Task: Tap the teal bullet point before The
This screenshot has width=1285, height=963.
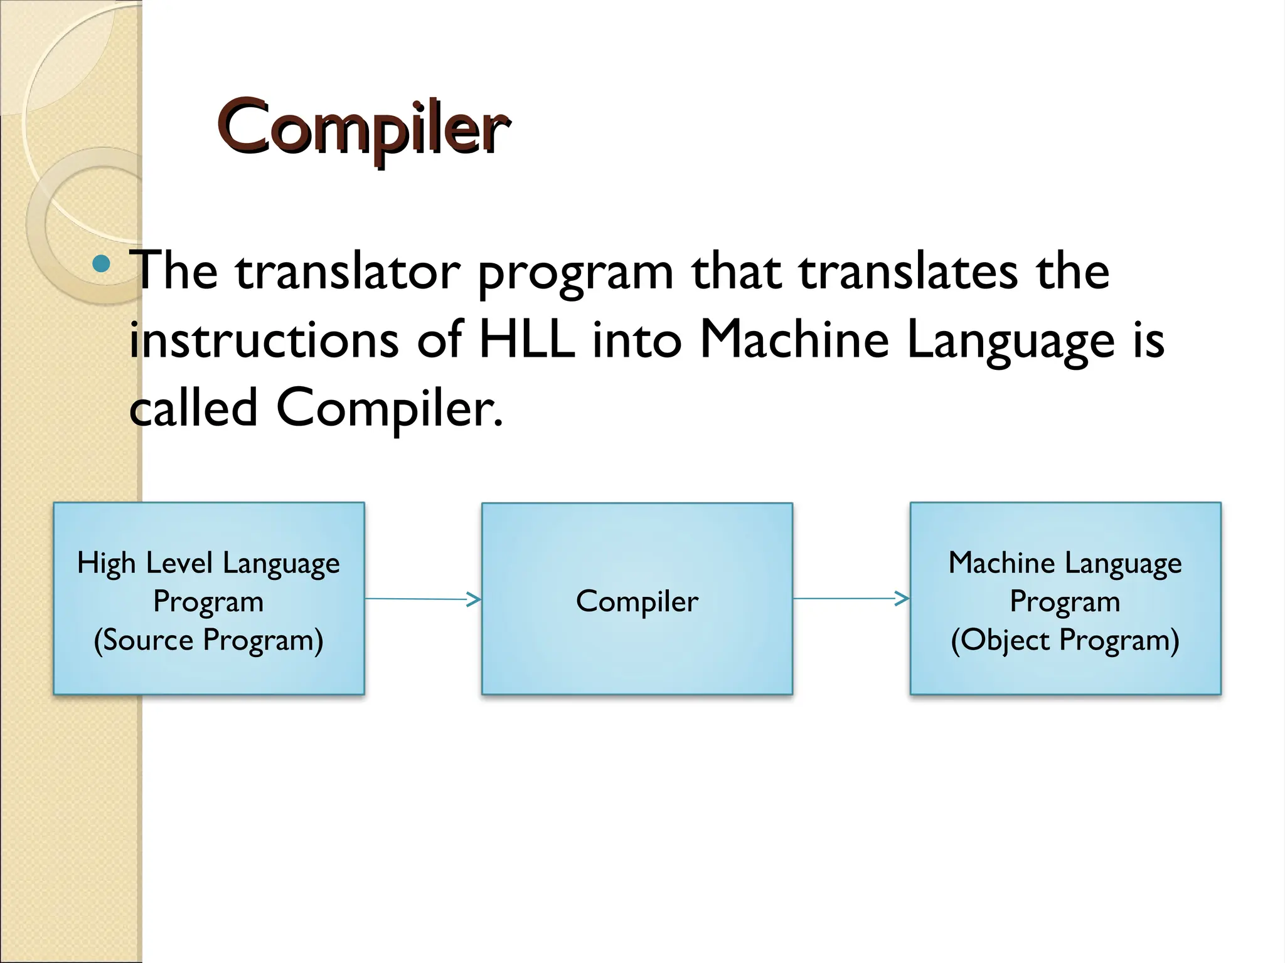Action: [x=100, y=263]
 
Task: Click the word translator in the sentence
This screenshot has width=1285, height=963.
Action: [x=348, y=271]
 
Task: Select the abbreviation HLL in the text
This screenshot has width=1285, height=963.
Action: [x=527, y=340]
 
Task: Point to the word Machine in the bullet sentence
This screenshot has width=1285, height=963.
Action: [x=794, y=340]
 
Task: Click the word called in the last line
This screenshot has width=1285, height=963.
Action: [x=193, y=408]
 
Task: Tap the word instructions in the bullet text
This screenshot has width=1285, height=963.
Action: [x=264, y=340]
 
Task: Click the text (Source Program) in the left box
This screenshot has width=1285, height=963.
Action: [x=208, y=640]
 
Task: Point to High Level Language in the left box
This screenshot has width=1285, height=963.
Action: [x=208, y=563]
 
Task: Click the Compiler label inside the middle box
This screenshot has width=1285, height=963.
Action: [x=637, y=601]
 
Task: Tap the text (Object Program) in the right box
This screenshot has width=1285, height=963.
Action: [x=1065, y=640]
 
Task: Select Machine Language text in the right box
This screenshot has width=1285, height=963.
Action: [x=1065, y=563]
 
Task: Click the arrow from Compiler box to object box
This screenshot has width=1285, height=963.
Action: [x=851, y=599]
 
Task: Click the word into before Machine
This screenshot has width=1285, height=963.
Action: [x=636, y=340]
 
